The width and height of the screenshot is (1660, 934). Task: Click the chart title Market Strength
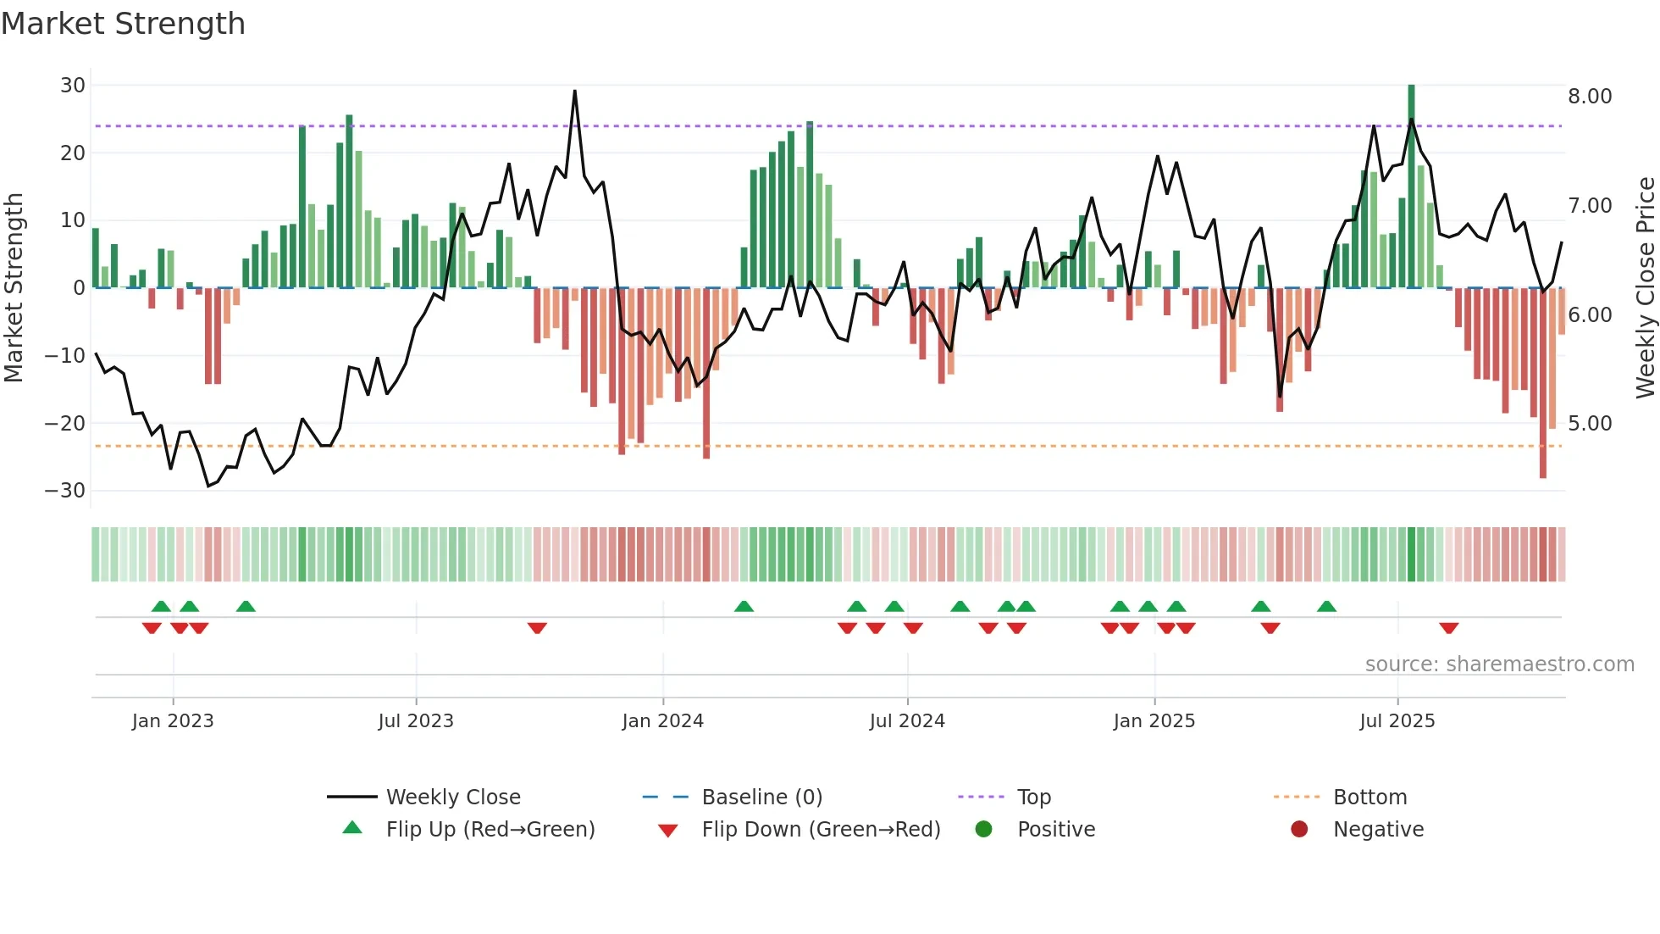click(123, 24)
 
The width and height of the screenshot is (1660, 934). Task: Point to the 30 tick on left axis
click(73, 86)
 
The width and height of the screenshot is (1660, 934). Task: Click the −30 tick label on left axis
click(66, 491)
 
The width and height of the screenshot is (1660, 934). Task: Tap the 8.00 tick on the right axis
click(1590, 97)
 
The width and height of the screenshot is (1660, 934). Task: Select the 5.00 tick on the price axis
click(1590, 424)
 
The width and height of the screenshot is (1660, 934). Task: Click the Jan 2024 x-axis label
click(662, 721)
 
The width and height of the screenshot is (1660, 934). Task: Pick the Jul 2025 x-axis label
click(1397, 721)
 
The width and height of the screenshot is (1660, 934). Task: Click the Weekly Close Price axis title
click(1645, 288)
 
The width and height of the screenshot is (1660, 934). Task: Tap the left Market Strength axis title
click(14, 288)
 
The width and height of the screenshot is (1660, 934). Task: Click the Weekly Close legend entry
click(453, 798)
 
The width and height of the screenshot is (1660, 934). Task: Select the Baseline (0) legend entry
click(761, 798)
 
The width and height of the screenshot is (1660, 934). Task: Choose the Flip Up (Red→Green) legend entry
click(490, 830)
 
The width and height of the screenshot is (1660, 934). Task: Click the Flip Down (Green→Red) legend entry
click(821, 830)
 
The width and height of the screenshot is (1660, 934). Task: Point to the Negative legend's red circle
click(1299, 830)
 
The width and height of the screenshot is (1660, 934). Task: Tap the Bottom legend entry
click(1369, 798)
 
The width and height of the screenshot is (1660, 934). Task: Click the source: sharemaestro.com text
click(1499, 664)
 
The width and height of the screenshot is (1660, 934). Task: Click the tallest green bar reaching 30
click(1411, 186)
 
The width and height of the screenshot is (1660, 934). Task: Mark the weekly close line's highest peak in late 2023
click(575, 92)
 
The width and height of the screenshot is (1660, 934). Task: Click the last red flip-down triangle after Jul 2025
click(1448, 628)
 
